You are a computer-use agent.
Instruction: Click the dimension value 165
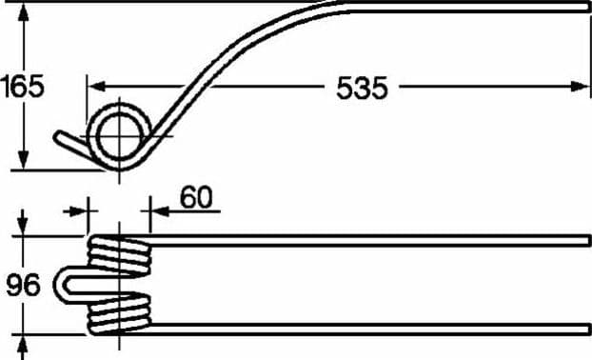tap(22, 87)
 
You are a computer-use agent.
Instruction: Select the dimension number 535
tap(362, 88)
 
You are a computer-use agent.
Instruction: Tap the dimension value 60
tap(196, 197)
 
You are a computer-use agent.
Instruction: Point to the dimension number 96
tap(23, 285)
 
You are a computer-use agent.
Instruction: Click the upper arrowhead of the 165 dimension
tap(24, 12)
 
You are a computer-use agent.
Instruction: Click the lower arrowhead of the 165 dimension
tap(24, 161)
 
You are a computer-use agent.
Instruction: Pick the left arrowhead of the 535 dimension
tap(97, 87)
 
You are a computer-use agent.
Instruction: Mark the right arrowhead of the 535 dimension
tap(580, 87)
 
